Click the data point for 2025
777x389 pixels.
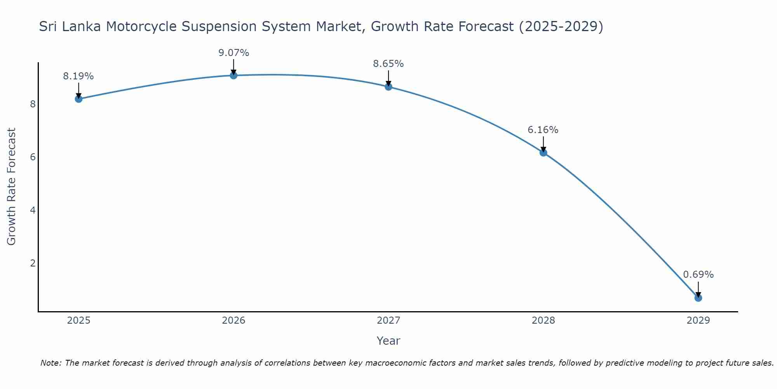(x=78, y=99)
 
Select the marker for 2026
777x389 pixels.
(x=233, y=75)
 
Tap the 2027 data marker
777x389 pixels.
(x=388, y=87)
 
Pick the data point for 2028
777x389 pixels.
(x=543, y=152)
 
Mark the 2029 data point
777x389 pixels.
(x=698, y=298)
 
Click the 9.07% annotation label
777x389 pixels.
(x=233, y=53)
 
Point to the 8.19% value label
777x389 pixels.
(x=78, y=76)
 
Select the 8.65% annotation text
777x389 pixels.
(x=388, y=64)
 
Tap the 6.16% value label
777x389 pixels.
(x=543, y=130)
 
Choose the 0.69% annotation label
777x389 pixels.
(x=698, y=275)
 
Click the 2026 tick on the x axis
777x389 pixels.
(x=233, y=321)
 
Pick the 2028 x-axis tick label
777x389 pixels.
(x=543, y=321)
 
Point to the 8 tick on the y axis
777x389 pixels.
(x=33, y=104)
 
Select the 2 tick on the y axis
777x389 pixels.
(x=33, y=263)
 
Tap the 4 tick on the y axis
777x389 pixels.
(x=33, y=210)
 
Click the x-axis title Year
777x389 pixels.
(x=388, y=341)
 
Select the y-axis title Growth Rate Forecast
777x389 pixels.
(x=12, y=187)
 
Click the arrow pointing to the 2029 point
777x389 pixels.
(x=698, y=289)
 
